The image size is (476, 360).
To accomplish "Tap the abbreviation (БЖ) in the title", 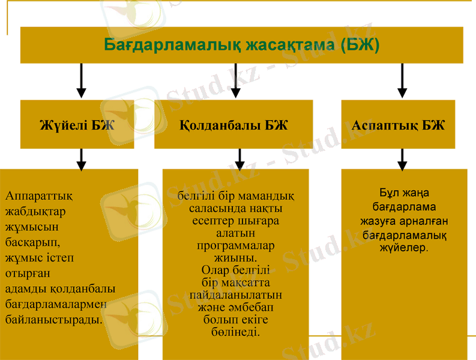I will [x=359, y=45].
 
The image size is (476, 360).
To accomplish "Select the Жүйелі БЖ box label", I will [x=77, y=125].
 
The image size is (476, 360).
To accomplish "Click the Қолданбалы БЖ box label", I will [x=233, y=125].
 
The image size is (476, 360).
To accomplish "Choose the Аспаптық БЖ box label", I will [x=398, y=125].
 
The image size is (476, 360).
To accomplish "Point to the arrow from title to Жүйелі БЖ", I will [x=82, y=81].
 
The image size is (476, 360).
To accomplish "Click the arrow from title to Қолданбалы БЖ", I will [x=236, y=81].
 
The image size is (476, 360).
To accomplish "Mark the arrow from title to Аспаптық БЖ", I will [x=402, y=81].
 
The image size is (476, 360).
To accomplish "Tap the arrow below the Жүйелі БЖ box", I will [x=82, y=159].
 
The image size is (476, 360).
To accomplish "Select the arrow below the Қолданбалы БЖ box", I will [x=240, y=159].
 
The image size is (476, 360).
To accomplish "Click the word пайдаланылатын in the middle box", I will [x=235, y=295].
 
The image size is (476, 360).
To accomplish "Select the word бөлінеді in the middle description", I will [x=235, y=332].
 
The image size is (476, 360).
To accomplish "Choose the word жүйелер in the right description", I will [x=404, y=247].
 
